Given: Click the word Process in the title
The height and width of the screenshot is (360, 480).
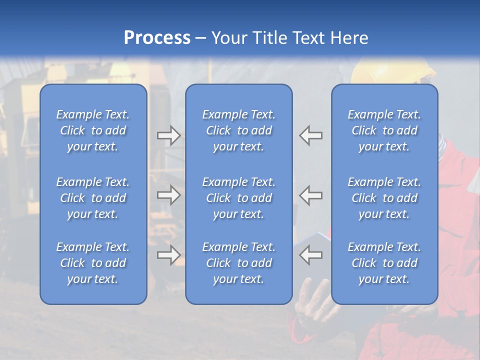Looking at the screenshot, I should pos(157,38).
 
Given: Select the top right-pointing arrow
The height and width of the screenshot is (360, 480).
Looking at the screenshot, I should pos(168,135).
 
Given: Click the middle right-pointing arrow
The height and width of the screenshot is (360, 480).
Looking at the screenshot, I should pos(168,195).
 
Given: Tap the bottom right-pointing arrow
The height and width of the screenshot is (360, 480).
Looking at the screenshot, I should pos(168,255).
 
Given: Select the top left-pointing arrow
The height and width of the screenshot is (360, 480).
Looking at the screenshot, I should pos(311,135).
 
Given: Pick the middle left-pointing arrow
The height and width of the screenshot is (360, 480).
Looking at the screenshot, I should pos(311,195).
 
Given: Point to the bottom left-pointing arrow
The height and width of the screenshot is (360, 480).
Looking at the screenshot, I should pos(311,255).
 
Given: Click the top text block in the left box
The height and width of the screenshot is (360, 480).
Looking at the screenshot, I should pos(93,130).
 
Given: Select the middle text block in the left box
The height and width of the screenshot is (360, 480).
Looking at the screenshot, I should pos(93,198).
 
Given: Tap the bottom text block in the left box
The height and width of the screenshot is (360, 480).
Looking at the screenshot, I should pos(93,263).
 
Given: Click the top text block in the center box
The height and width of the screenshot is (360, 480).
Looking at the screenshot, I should pos(238,130).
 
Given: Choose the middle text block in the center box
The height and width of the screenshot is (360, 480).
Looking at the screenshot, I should pos(238,198).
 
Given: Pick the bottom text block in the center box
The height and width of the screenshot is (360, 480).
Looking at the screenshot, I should pos(238,263).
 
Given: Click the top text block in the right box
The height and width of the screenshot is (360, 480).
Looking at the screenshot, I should pos(384,130).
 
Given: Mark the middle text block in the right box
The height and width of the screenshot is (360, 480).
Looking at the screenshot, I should pos(384,198).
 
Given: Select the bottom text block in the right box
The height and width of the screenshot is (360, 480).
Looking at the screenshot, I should pos(384,263).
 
